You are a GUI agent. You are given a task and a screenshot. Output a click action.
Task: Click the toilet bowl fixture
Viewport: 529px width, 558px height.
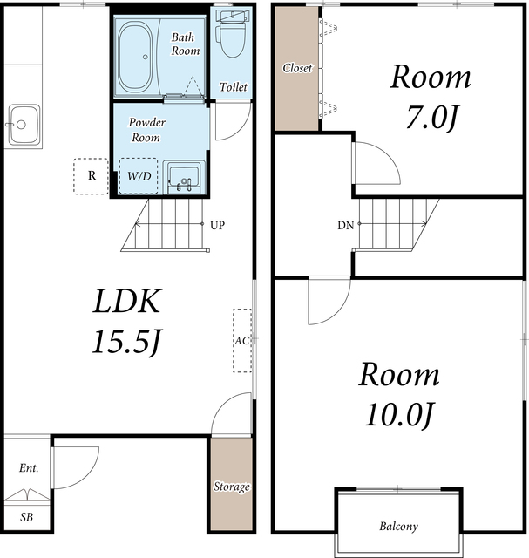(x=232, y=37)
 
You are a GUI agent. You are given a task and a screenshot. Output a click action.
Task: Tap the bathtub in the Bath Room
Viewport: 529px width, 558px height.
(x=135, y=57)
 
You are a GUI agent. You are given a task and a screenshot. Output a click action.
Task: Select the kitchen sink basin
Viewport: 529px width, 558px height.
(x=24, y=125)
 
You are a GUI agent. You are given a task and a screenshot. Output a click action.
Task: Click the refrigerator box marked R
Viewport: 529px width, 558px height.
(x=92, y=176)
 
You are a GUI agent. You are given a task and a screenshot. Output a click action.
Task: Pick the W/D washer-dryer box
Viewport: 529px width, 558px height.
(x=139, y=176)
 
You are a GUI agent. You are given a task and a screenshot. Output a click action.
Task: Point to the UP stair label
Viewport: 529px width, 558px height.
(x=217, y=225)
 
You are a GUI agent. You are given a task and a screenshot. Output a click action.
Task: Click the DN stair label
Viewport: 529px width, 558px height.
(x=345, y=225)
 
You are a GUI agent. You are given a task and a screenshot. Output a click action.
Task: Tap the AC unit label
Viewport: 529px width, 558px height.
(x=242, y=341)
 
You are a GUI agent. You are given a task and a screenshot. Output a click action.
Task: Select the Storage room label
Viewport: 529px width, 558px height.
(x=232, y=487)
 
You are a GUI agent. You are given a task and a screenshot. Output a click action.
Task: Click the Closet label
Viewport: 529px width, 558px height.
(x=297, y=68)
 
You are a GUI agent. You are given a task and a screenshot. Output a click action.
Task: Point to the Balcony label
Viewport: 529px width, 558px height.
(x=398, y=526)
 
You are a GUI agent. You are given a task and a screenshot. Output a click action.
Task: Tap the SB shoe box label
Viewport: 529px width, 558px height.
(x=27, y=517)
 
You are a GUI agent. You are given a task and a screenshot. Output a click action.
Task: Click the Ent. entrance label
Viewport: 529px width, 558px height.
(x=29, y=467)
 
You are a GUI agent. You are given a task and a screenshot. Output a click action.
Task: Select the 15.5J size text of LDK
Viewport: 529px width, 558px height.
(x=127, y=342)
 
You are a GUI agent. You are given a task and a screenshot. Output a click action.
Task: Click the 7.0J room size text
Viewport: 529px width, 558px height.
(x=431, y=117)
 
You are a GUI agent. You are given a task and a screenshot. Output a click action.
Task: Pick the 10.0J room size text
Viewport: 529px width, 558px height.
(x=399, y=415)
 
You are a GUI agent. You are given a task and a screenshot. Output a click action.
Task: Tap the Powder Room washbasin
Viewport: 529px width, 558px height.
(x=184, y=177)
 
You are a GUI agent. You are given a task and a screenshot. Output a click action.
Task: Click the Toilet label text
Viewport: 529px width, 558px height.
(x=233, y=87)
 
